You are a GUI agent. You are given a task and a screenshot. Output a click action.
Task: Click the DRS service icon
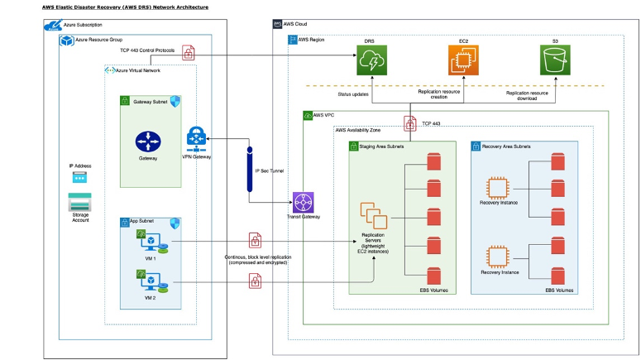click(x=372, y=62)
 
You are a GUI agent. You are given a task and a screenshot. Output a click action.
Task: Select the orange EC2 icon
click(x=463, y=62)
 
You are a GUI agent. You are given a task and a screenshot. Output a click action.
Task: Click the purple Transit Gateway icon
click(x=304, y=203)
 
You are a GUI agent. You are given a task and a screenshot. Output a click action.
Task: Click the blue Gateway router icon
click(x=147, y=140)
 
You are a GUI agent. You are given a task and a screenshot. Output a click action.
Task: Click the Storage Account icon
click(x=80, y=201)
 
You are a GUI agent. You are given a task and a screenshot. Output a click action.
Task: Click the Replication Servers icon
click(x=371, y=218)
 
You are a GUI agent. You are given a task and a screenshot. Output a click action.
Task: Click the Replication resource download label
click(x=533, y=96)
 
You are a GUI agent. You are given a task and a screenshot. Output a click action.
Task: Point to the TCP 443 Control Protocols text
click(x=147, y=50)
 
